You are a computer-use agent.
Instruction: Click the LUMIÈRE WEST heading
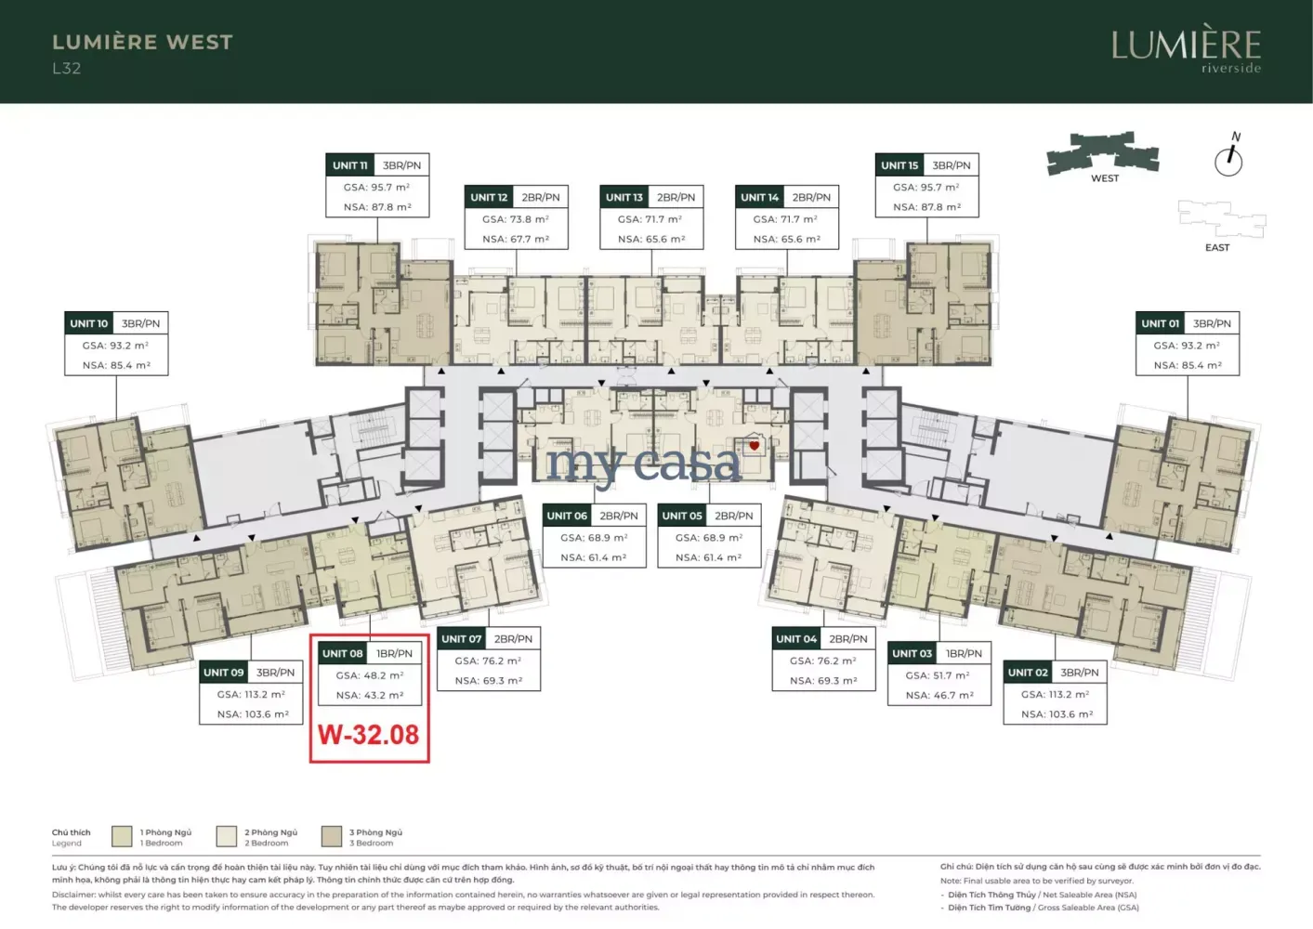[142, 43]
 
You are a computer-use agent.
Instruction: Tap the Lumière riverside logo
[1186, 48]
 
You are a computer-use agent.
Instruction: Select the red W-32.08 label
[369, 735]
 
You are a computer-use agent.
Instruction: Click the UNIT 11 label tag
[350, 165]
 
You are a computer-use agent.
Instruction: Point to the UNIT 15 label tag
[899, 165]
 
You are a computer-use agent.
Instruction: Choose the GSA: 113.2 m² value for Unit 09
[251, 694]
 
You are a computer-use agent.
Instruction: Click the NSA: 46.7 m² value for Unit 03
[939, 695]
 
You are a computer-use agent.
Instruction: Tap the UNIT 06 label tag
[567, 516]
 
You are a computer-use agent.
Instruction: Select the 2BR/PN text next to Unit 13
[676, 197]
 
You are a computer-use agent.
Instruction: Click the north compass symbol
[1229, 156]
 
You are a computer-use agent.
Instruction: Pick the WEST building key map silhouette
[1103, 152]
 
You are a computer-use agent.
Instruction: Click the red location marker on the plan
[755, 446]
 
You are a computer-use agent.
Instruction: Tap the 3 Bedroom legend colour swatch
[332, 836]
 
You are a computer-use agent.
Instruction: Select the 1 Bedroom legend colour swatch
[122, 836]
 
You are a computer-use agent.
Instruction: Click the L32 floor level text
[67, 69]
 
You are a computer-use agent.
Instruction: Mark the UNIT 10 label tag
[89, 323]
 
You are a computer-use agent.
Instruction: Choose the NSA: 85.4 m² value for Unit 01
[1188, 365]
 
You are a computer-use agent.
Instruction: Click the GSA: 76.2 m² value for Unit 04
[823, 661]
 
